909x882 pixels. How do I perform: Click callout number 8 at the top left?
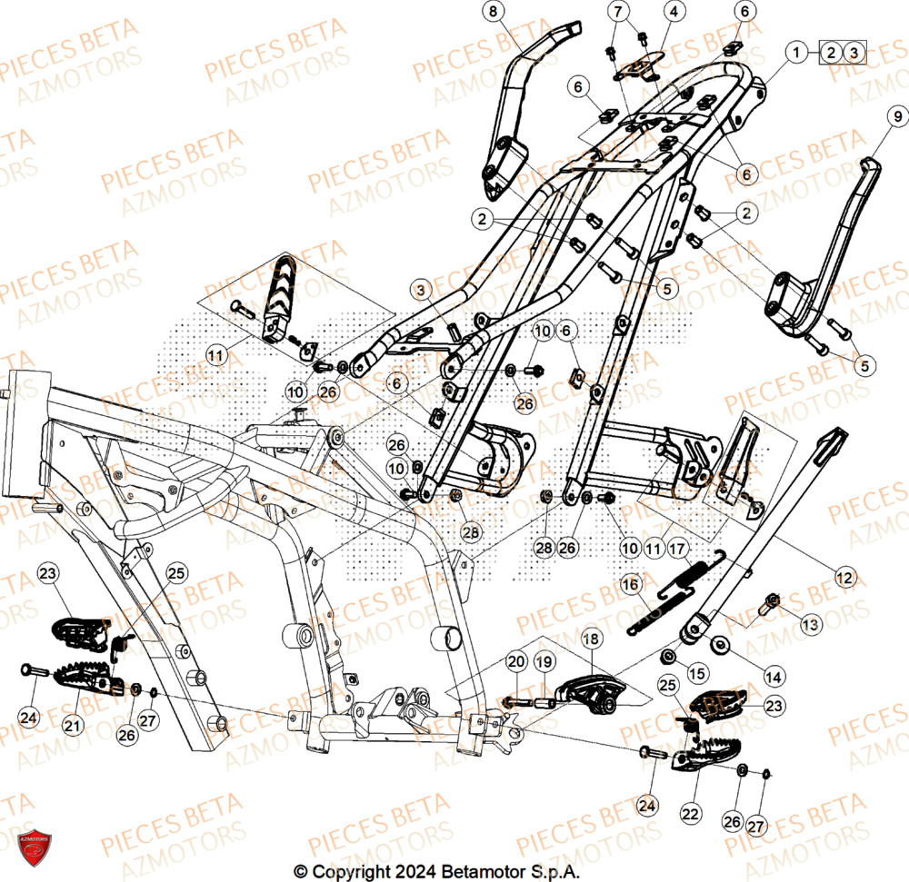click(x=494, y=12)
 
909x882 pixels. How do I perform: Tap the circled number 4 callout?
click(x=674, y=12)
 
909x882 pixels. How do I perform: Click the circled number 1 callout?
click(x=797, y=52)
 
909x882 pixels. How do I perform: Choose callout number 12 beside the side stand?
click(x=845, y=576)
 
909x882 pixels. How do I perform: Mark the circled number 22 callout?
click(x=690, y=815)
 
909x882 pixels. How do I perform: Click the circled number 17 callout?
click(x=678, y=548)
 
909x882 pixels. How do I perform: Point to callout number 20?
click(x=516, y=661)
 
